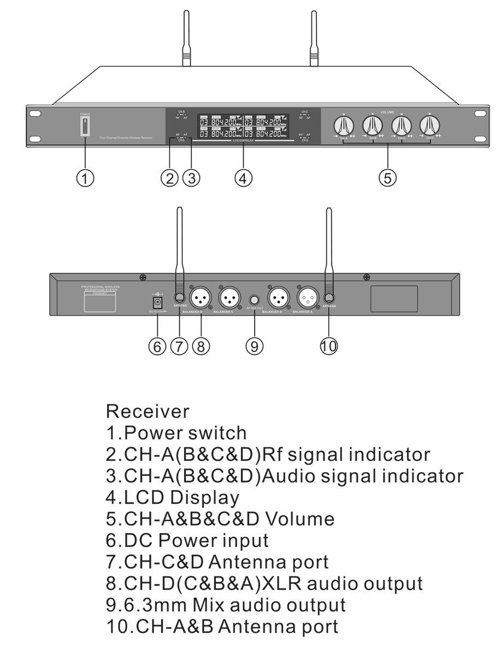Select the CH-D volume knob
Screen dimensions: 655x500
[429, 126]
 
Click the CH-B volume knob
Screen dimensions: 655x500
[372, 126]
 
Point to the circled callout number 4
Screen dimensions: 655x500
[243, 177]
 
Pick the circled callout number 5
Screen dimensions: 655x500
[387, 177]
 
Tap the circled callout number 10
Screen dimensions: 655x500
[329, 346]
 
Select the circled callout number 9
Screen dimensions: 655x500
[255, 346]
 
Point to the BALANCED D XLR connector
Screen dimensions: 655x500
[199, 297]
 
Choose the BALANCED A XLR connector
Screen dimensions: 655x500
[307, 297]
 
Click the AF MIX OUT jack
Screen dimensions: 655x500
[255, 299]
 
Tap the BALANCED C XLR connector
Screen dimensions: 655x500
[229, 297]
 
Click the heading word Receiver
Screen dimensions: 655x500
[148, 411]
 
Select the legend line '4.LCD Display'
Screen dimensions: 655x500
[173, 498]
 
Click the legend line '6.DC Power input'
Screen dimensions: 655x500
[187, 540]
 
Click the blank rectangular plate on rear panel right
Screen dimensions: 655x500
[394, 299]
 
